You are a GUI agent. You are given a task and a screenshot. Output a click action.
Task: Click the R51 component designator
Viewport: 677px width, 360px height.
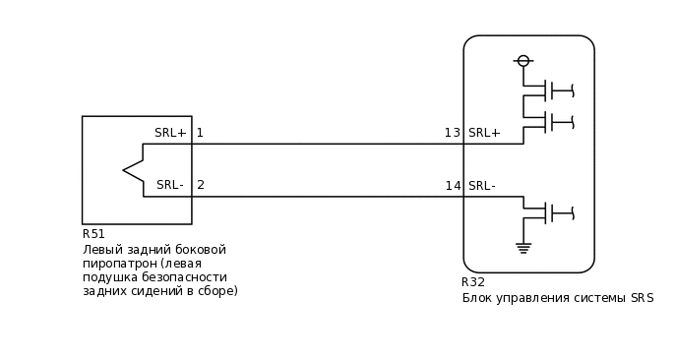pos(93,234)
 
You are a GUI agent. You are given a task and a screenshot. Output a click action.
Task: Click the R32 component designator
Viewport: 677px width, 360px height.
pos(473,282)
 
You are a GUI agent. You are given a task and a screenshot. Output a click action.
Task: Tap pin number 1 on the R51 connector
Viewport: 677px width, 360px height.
pos(200,133)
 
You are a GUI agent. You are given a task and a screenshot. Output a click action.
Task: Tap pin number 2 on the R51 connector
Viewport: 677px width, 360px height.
pos(201,185)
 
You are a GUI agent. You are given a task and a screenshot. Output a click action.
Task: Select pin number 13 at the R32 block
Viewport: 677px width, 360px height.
pos(452,133)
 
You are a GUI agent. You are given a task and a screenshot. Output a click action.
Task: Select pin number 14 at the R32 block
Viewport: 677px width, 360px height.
pos(453,186)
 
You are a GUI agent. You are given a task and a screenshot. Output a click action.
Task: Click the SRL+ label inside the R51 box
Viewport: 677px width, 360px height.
pos(170,133)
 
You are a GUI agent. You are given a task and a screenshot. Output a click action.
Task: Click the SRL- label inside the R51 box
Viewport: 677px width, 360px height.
pos(170,185)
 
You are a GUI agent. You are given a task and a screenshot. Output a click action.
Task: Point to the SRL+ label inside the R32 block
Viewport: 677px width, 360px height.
pos(484,133)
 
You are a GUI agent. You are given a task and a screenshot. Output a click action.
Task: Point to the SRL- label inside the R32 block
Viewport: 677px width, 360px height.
pos(482,186)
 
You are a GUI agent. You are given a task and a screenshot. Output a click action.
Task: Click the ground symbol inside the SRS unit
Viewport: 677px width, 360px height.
pos(523,248)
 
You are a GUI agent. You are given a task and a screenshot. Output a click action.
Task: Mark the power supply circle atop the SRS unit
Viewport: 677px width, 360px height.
pos(523,61)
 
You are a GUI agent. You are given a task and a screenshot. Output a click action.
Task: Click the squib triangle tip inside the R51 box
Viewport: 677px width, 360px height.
pos(125,170)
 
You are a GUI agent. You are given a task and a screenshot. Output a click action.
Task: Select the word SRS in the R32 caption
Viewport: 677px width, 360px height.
pos(642,298)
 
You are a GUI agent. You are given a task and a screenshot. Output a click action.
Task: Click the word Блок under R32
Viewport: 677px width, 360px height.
pos(478,298)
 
